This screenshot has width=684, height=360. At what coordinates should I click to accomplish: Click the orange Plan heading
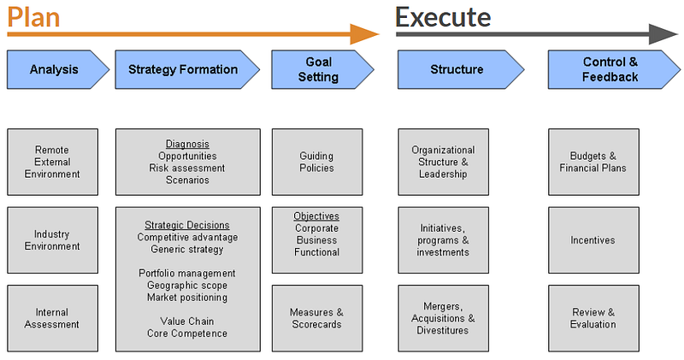(33, 17)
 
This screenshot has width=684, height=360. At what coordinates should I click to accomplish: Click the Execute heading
(443, 16)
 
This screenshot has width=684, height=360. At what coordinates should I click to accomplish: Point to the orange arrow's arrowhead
(365, 34)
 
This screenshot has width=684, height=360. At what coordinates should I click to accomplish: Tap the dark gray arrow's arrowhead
(663, 34)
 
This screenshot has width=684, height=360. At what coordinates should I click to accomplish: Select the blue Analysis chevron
(58, 70)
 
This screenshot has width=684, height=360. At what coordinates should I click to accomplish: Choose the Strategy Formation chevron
(187, 70)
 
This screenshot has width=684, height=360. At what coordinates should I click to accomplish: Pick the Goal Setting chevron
(323, 70)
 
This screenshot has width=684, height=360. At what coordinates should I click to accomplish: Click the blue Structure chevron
(461, 70)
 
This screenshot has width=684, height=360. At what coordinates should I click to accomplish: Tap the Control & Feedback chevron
(614, 70)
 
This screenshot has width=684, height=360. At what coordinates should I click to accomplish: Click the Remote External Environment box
(52, 162)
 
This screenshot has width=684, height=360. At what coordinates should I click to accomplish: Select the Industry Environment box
(52, 240)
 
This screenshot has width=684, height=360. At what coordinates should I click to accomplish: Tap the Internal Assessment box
(52, 318)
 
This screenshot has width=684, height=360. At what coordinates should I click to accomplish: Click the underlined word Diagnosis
(187, 144)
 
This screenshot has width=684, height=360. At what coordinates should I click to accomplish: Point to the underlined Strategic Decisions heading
(187, 225)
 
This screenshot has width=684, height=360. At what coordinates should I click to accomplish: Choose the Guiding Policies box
(317, 162)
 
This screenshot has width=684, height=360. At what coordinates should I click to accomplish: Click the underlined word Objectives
(316, 216)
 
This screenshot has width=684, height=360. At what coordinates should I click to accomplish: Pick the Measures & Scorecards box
(317, 318)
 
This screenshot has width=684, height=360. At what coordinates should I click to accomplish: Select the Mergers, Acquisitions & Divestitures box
(443, 318)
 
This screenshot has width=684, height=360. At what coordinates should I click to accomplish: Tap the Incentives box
(593, 240)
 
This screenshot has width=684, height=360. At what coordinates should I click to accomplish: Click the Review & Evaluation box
(593, 318)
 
